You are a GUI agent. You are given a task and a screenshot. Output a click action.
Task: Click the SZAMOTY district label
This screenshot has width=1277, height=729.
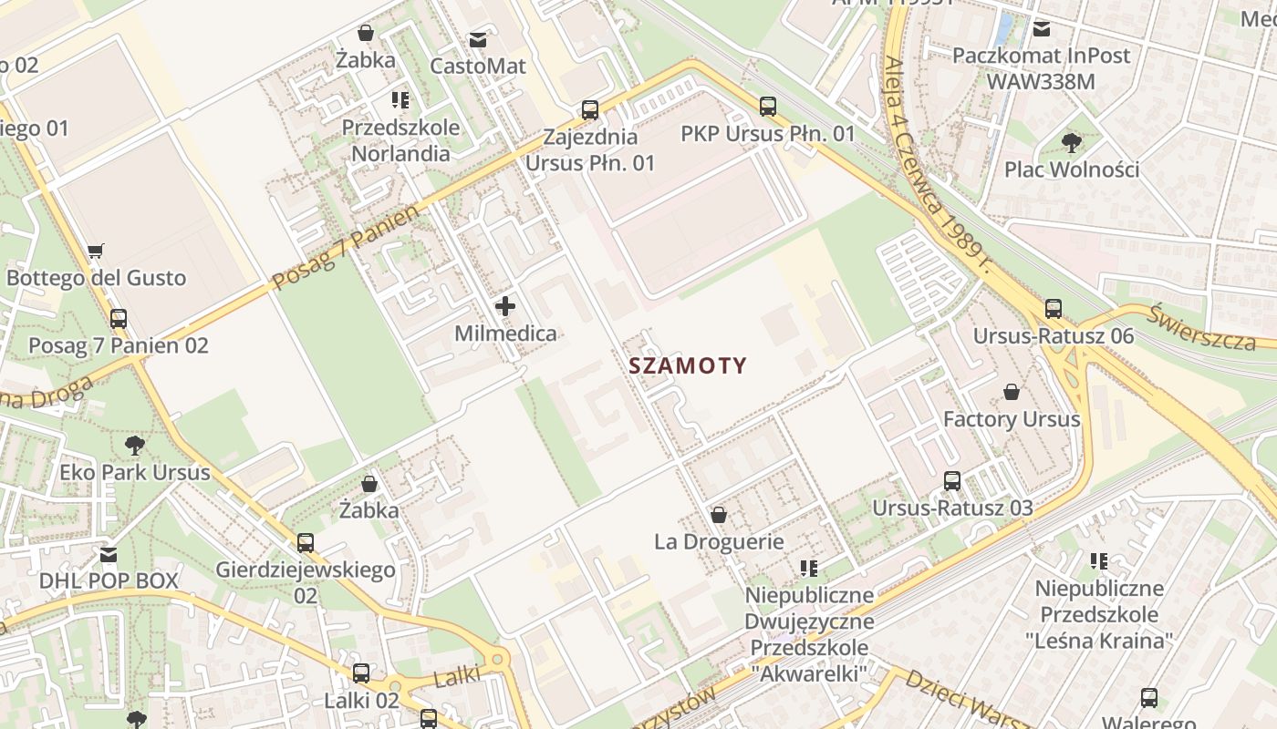pyautogui.click(x=688, y=366)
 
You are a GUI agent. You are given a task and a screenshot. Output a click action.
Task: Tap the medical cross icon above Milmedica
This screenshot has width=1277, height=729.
pyautogui.click(x=504, y=306)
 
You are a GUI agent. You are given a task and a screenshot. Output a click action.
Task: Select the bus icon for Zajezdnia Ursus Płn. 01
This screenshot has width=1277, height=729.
pyautogui.click(x=590, y=110)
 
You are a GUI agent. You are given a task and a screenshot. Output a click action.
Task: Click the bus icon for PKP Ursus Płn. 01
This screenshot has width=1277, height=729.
pyautogui.click(x=768, y=107)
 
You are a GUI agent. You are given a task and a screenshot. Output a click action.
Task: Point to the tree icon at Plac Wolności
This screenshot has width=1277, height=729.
pyautogui.click(x=1072, y=142)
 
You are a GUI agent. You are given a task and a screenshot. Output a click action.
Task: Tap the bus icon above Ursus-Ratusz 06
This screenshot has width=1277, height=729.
pyautogui.click(x=1054, y=309)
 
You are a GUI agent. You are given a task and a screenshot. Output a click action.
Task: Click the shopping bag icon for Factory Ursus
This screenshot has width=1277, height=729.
pyautogui.click(x=1012, y=392)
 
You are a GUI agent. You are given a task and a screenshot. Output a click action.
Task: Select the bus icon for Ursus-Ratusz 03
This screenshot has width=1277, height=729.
pyautogui.click(x=952, y=480)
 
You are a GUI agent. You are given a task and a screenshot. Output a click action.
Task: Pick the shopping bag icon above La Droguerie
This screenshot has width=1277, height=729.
pyautogui.click(x=719, y=515)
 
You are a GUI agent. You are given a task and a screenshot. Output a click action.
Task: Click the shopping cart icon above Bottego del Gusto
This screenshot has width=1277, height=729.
pyautogui.click(x=96, y=251)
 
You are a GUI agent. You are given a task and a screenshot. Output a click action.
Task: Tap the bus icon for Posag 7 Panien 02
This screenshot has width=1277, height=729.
pyautogui.click(x=118, y=319)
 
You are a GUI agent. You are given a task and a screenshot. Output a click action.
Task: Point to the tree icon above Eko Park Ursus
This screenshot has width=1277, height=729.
pyautogui.click(x=135, y=446)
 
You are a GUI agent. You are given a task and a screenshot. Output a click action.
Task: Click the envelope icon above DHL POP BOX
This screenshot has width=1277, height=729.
pyautogui.click(x=109, y=554)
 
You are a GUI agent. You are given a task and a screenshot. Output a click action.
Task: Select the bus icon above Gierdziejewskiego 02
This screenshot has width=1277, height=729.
pyautogui.click(x=306, y=543)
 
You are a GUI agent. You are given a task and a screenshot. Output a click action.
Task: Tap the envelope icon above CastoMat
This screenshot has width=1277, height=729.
pyautogui.click(x=477, y=40)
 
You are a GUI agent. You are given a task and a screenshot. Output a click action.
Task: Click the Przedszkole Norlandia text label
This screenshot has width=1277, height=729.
pyautogui.click(x=400, y=140)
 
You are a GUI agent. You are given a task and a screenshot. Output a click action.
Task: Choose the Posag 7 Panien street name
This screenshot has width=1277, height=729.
pyautogui.click(x=348, y=247)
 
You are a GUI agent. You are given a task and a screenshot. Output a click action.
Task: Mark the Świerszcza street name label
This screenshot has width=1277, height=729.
pyautogui.click(x=1201, y=327)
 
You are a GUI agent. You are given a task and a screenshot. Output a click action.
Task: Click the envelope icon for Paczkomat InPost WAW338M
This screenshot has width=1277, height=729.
pyautogui.click(x=1041, y=29)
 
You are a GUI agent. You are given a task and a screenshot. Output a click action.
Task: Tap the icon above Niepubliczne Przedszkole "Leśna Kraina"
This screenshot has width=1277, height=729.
pyautogui.click(x=1098, y=561)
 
